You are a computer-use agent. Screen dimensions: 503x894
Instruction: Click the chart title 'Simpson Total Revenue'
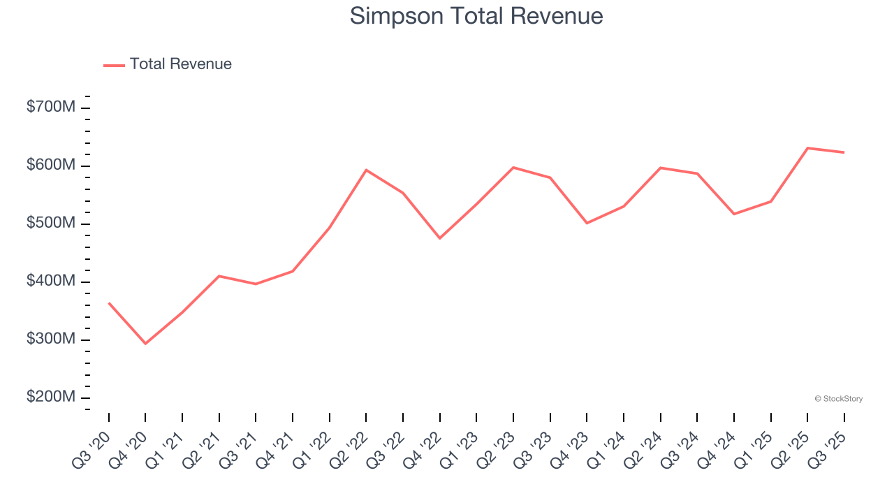[x=476, y=16]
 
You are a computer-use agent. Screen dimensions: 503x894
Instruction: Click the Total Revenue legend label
[x=180, y=64]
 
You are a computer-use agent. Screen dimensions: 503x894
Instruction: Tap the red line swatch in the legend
[x=114, y=65]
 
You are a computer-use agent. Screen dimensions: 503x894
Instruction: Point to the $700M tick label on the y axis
[x=51, y=108]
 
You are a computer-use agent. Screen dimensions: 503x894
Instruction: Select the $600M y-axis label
[x=51, y=166]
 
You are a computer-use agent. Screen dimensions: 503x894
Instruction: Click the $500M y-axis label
[x=51, y=224]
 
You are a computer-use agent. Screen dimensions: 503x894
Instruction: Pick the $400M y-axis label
[x=51, y=282]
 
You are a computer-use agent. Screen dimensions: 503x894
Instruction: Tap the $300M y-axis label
[x=51, y=340]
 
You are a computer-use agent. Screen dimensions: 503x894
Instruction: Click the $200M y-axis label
[x=51, y=398]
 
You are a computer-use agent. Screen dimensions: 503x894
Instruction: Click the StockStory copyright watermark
[x=838, y=399]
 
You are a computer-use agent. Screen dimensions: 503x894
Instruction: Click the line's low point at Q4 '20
[x=145, y=344]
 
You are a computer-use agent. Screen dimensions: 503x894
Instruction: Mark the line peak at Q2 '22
[x=366, y=170]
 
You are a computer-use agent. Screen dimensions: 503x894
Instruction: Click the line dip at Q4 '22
[x=440, y=238]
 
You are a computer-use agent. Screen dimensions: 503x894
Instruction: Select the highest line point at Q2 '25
[x=808, y=148]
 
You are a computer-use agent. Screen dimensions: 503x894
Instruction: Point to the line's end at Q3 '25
[x=844, y=152]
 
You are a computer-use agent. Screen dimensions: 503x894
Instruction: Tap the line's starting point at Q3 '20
[x=109, y=303]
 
